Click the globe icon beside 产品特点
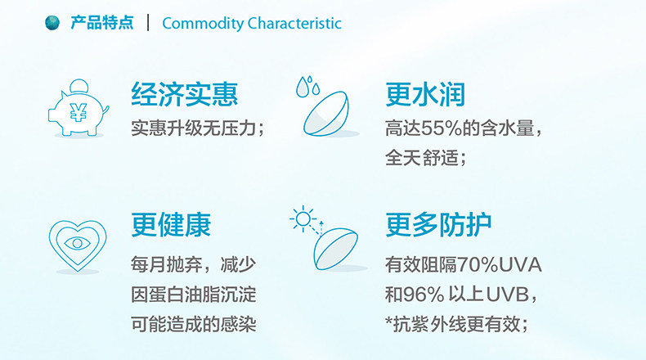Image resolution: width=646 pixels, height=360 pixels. (52, 23)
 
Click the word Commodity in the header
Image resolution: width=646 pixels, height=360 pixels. (203, 24)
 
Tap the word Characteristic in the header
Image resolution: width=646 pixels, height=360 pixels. (294, 23)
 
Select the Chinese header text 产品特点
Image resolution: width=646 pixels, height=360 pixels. (101, 23)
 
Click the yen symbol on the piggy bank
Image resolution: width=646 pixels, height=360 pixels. (79, 112)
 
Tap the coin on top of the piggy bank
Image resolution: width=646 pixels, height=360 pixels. (79, 86)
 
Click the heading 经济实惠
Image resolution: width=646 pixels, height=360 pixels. (185, 94)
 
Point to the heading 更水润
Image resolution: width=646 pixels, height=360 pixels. (425, 94)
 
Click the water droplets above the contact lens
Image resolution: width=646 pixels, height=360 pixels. (307, 87)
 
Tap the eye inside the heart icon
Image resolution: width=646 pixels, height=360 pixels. (78, 243)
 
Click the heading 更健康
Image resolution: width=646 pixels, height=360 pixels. (171, 225)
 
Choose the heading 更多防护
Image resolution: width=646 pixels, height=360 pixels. (438, 225)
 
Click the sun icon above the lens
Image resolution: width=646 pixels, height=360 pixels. (303, 218)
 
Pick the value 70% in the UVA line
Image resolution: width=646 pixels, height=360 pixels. (478, 265)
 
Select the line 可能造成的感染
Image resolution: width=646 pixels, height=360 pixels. (194, 324)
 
